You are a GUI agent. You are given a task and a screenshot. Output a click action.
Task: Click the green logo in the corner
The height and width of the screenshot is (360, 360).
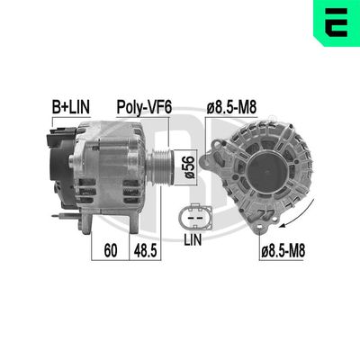tap(337, 24)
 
